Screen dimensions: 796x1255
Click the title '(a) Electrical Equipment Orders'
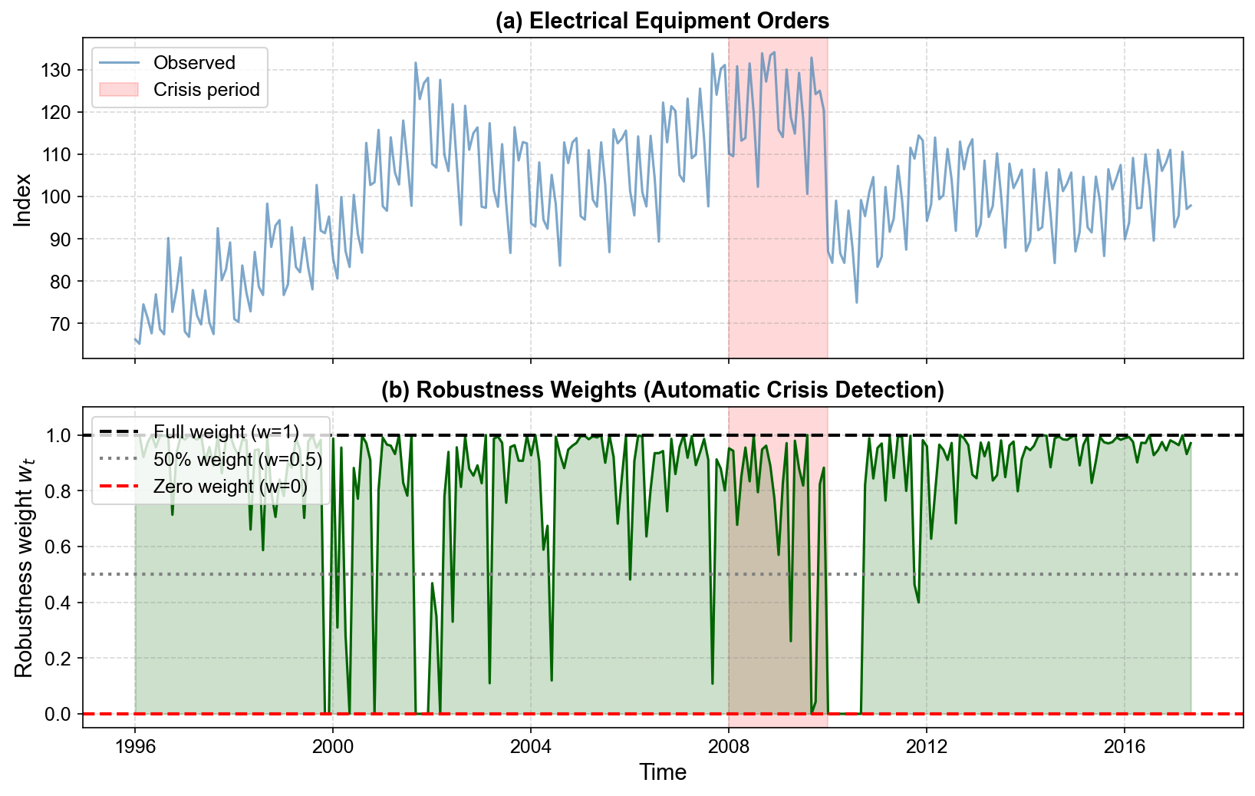click(662, 21)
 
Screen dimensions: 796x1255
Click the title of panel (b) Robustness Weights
click(662, 390)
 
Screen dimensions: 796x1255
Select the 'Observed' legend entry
click(194, 63)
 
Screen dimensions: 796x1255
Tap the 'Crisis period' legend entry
click(206, 90)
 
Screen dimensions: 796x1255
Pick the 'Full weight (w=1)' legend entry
click(226, 432)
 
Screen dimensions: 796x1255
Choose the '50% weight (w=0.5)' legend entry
click(237, 459)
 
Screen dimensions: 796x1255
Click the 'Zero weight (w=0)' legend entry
click(230, 487)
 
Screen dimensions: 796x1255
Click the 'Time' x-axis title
click(663, 772)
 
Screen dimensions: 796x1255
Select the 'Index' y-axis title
click(24, 199)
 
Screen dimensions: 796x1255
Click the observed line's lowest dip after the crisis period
click(856, 302)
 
